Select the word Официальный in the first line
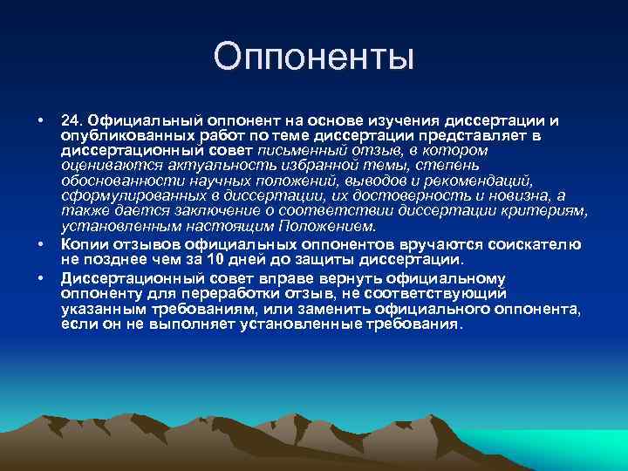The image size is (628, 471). (x=134, y=119)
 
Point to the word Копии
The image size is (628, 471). (x=80, y=244)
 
